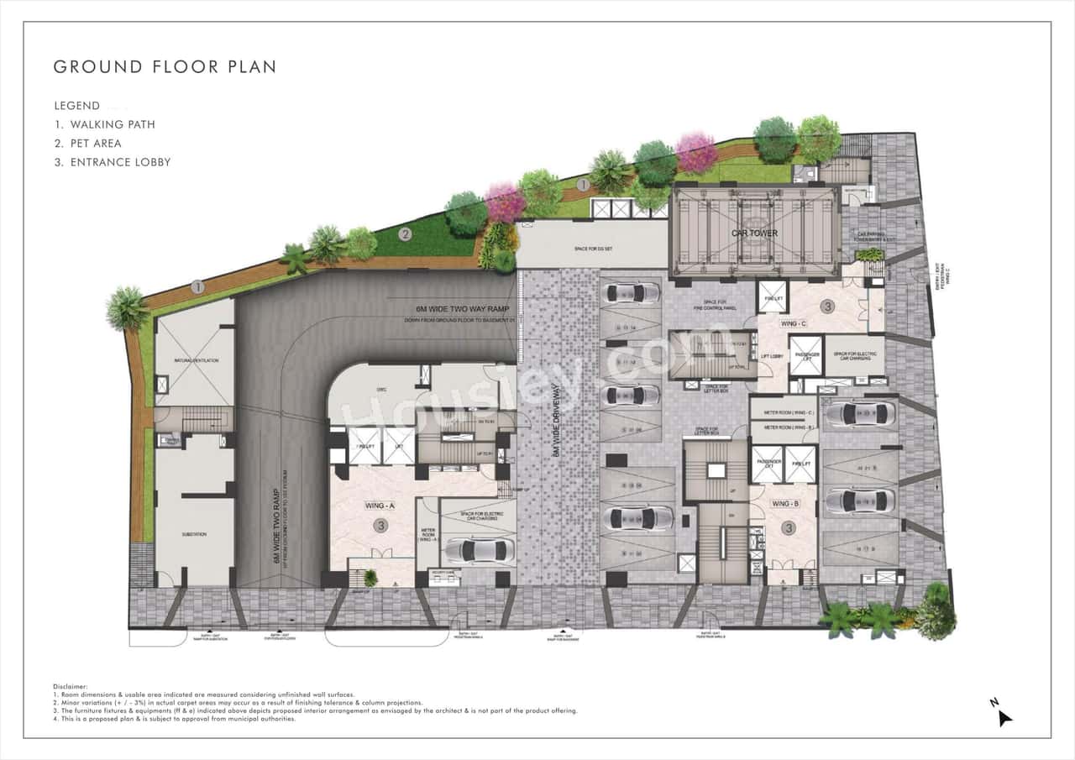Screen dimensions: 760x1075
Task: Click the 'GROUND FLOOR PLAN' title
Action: pyautogui.click(x=165, y=66)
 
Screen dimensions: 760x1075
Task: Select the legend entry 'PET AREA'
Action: pyautogui.click(x=96, y=144)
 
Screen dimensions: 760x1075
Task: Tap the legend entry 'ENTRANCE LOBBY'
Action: pyautogui.click(x=112, y=162)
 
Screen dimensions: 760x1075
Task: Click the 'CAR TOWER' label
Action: pyautogui.click(x=754, y=233)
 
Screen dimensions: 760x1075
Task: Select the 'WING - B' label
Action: pyautogui.click(x=784, y=504)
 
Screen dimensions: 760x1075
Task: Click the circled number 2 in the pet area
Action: pyautogui.click(x=405, y=234)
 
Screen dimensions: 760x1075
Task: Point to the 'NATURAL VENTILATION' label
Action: pyautogui.click(x=197, y=360)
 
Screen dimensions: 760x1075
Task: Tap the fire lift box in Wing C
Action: pyautogui.click(x=772, y=296)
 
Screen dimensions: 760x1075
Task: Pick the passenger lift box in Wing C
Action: pyautogui.click(x=805, y=355)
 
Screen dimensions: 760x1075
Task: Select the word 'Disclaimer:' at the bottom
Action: pyautogui.click(x=70, y=686)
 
